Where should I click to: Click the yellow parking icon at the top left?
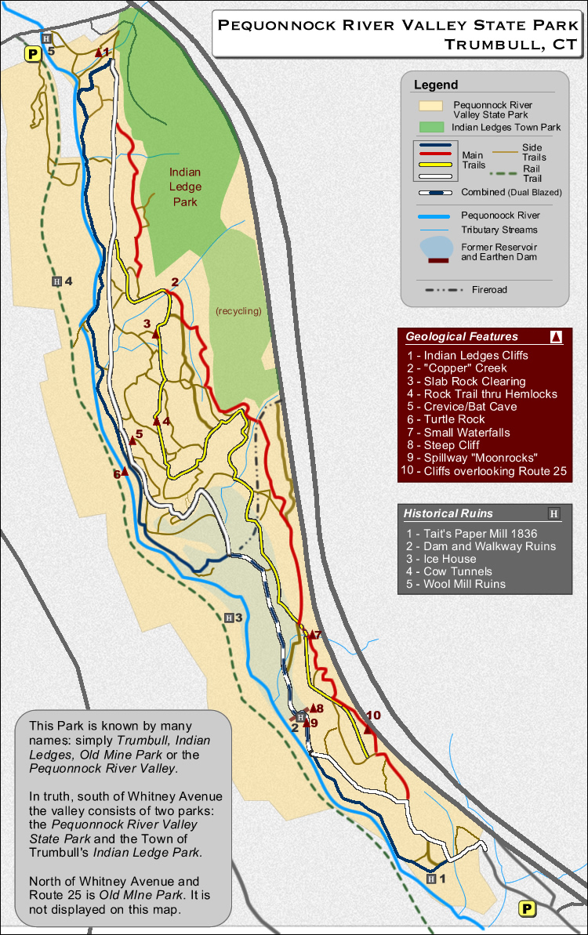pyautogui.click(x=32, y=54)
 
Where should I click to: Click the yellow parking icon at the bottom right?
pyautogui.click(x=527, y=909)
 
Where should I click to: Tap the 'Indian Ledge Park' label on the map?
pyautogui.click(x=185, y=187)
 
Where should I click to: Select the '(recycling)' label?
pyautogui.click(x=238, y=311)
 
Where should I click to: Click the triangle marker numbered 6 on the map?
pyautogui.click(x=124, y=472)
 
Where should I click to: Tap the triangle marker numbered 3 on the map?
pyautogui.click(x=155, y=334)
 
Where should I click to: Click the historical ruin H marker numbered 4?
pyautogui.click(x=56, y=281)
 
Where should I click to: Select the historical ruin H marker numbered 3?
pyautogui.click(x=229, y=618)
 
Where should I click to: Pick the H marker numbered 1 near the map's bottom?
pyautogui.click(x=430, y=879)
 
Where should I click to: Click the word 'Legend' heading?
pyautogui.click(x=436, y=85)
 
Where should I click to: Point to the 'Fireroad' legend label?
pyautogui.click(x=489, y=289)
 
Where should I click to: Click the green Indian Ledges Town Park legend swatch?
pyautogui.click(x=431, y=127)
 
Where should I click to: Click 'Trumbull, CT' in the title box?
pyautogui.click(x=510, y=45)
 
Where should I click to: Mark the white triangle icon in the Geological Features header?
pyautogui.click(x=556, y=337)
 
